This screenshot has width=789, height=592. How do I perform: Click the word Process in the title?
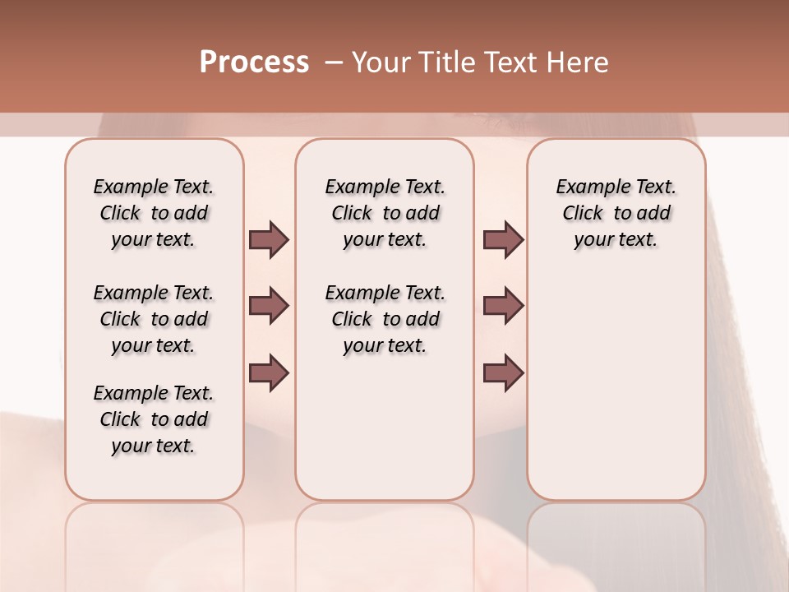pyautogui.click(x=254, y=62)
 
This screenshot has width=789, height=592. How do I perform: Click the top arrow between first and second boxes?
pyautogui.click(x=269, y=240)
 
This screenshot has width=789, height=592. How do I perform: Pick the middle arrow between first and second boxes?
pyautogui.click(x=269, y=306)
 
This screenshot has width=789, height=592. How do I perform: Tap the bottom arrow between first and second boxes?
pyautogui.click(x=269, y=372)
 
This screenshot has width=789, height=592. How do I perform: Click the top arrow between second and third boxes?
pyautogui.click(x=503, y=240)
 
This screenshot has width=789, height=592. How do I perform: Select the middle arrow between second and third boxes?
pyautogui.click(x=503, y=306)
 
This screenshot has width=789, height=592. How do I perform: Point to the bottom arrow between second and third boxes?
pyautogui.click(x=503, y=372)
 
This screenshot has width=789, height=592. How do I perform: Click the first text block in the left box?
pyautogui.click(x=154, y=213)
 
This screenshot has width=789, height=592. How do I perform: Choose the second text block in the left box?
pyautogui.click(x=154, y=319)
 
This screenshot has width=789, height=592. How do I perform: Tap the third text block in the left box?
pyautogui.click(x=154, y=419)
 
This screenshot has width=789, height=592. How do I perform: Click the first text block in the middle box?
pyautogui.click(x=385, y=213)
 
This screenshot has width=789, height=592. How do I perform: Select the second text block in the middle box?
pyautogui.click(x=385, y=319)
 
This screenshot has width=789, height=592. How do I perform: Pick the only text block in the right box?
pyautogui.click(x=616, y=213)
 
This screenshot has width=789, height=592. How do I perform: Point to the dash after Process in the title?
pyautogui.click(x=333, y=62)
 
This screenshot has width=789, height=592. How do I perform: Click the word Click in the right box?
pyautogui.click(x=583, y=214)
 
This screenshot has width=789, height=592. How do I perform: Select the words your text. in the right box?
pyautogui.click(x=616, y=240)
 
